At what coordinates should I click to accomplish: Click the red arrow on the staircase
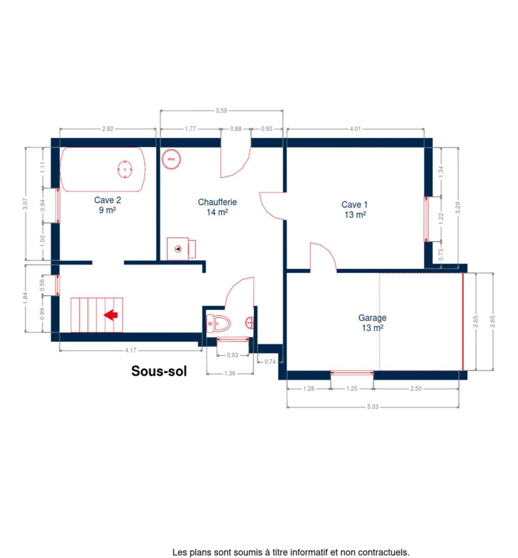pyautogui.click(x=111, y=315)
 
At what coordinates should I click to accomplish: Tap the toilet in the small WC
pyautogui.click(x=218, y=323)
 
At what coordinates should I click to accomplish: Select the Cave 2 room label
pyautogui.click(x=108, y=205)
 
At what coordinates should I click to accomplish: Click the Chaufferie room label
pyautogui.click(x=217, y=207)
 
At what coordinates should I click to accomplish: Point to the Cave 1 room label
pyautogui.click(x=355, y=210)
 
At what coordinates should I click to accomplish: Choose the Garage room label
pyautogui.click(x=372, y=323)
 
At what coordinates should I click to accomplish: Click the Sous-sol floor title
pyautogui.click(x=159, y=371)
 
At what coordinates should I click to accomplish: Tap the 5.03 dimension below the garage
pyautogui.click(x=373, y=407)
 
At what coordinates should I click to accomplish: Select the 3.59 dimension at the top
pyautogui.click(x=221, y=110)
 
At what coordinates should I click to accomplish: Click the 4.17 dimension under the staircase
pyautogui.click(x=130, y=351)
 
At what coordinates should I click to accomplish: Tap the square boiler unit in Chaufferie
pyautogui.click(x=179, y=249)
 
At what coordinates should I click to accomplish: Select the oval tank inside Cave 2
pyautogui.click(x=125, y=169)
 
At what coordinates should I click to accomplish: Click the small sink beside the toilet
pyautogui.click(x=249, y=322)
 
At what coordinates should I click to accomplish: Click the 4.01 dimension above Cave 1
pyautogui.click(x=355, y=129)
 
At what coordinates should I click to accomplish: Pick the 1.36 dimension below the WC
pyautogui.click(x=230, y=374)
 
